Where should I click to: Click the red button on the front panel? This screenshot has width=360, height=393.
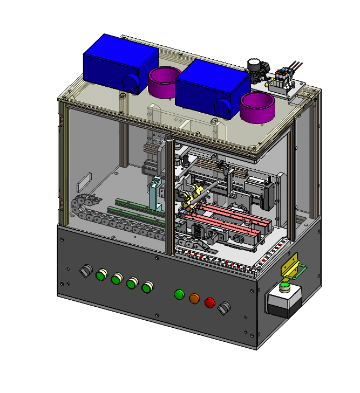210,302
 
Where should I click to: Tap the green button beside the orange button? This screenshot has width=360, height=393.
179,294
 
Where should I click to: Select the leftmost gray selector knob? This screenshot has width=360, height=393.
86,271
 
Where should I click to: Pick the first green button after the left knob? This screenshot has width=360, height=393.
101,275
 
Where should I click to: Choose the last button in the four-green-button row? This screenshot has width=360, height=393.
146,287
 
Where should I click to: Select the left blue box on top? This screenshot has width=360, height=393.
119,61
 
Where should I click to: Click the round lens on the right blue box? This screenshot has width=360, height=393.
223,108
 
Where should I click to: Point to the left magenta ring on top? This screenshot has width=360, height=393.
165,82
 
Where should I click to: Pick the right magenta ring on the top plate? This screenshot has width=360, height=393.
257,106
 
